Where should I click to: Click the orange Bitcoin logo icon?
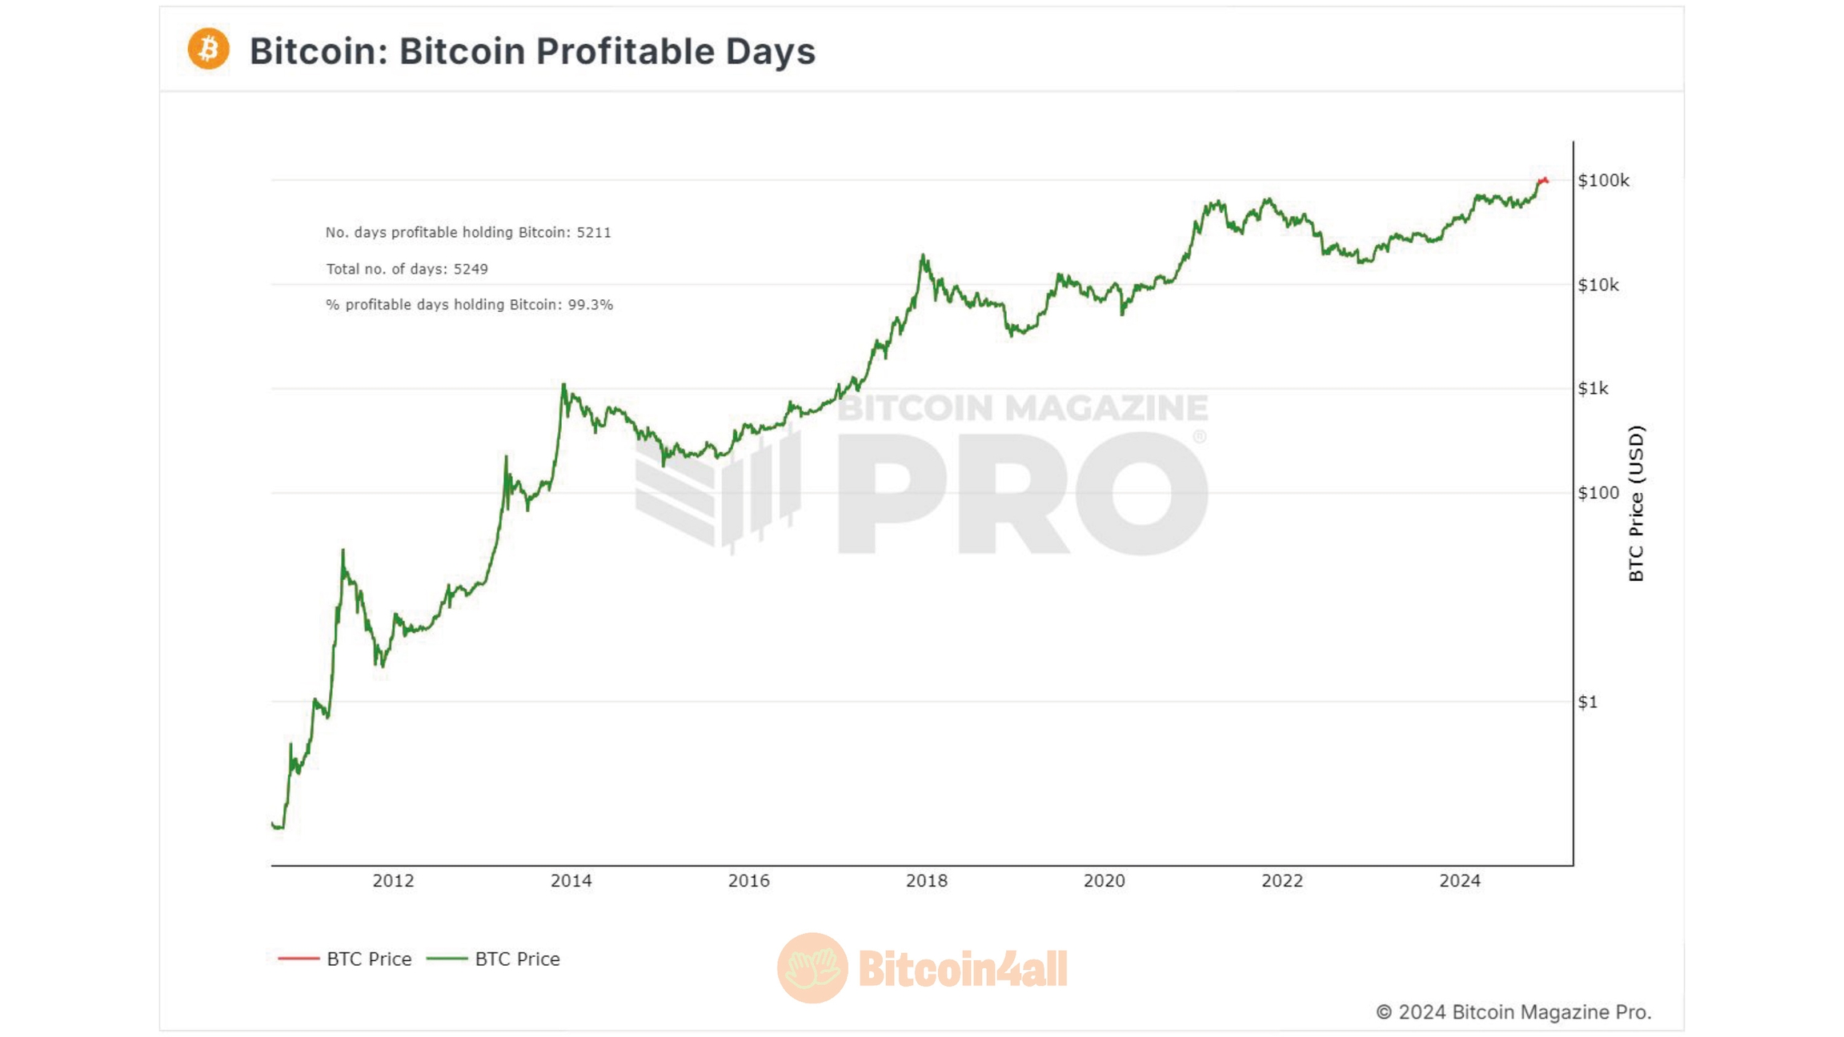point(208,49)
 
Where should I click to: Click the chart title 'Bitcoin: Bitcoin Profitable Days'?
point(532,51)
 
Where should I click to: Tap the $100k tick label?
point(1603,181)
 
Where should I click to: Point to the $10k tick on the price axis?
point(1598,285)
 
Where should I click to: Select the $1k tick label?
point(1593,389)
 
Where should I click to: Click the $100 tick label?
point(1598,493)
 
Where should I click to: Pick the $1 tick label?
point(1587,702)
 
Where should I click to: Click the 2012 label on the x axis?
point(393,881)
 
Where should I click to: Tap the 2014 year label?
point(571,881)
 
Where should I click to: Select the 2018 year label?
point(926,881)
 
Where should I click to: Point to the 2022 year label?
point(1281,881)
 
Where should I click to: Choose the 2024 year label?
point(1460,881)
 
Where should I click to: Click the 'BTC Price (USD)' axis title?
point(1636,503)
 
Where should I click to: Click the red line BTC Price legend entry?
point(344,959)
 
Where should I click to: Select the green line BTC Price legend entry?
point(493,959)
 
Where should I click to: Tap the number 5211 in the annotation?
point(594,233)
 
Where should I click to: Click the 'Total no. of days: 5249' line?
point(407,269)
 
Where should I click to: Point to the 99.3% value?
point(590,305)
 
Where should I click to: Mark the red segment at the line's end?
point(1543,181)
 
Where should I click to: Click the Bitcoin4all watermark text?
point(962,969)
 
